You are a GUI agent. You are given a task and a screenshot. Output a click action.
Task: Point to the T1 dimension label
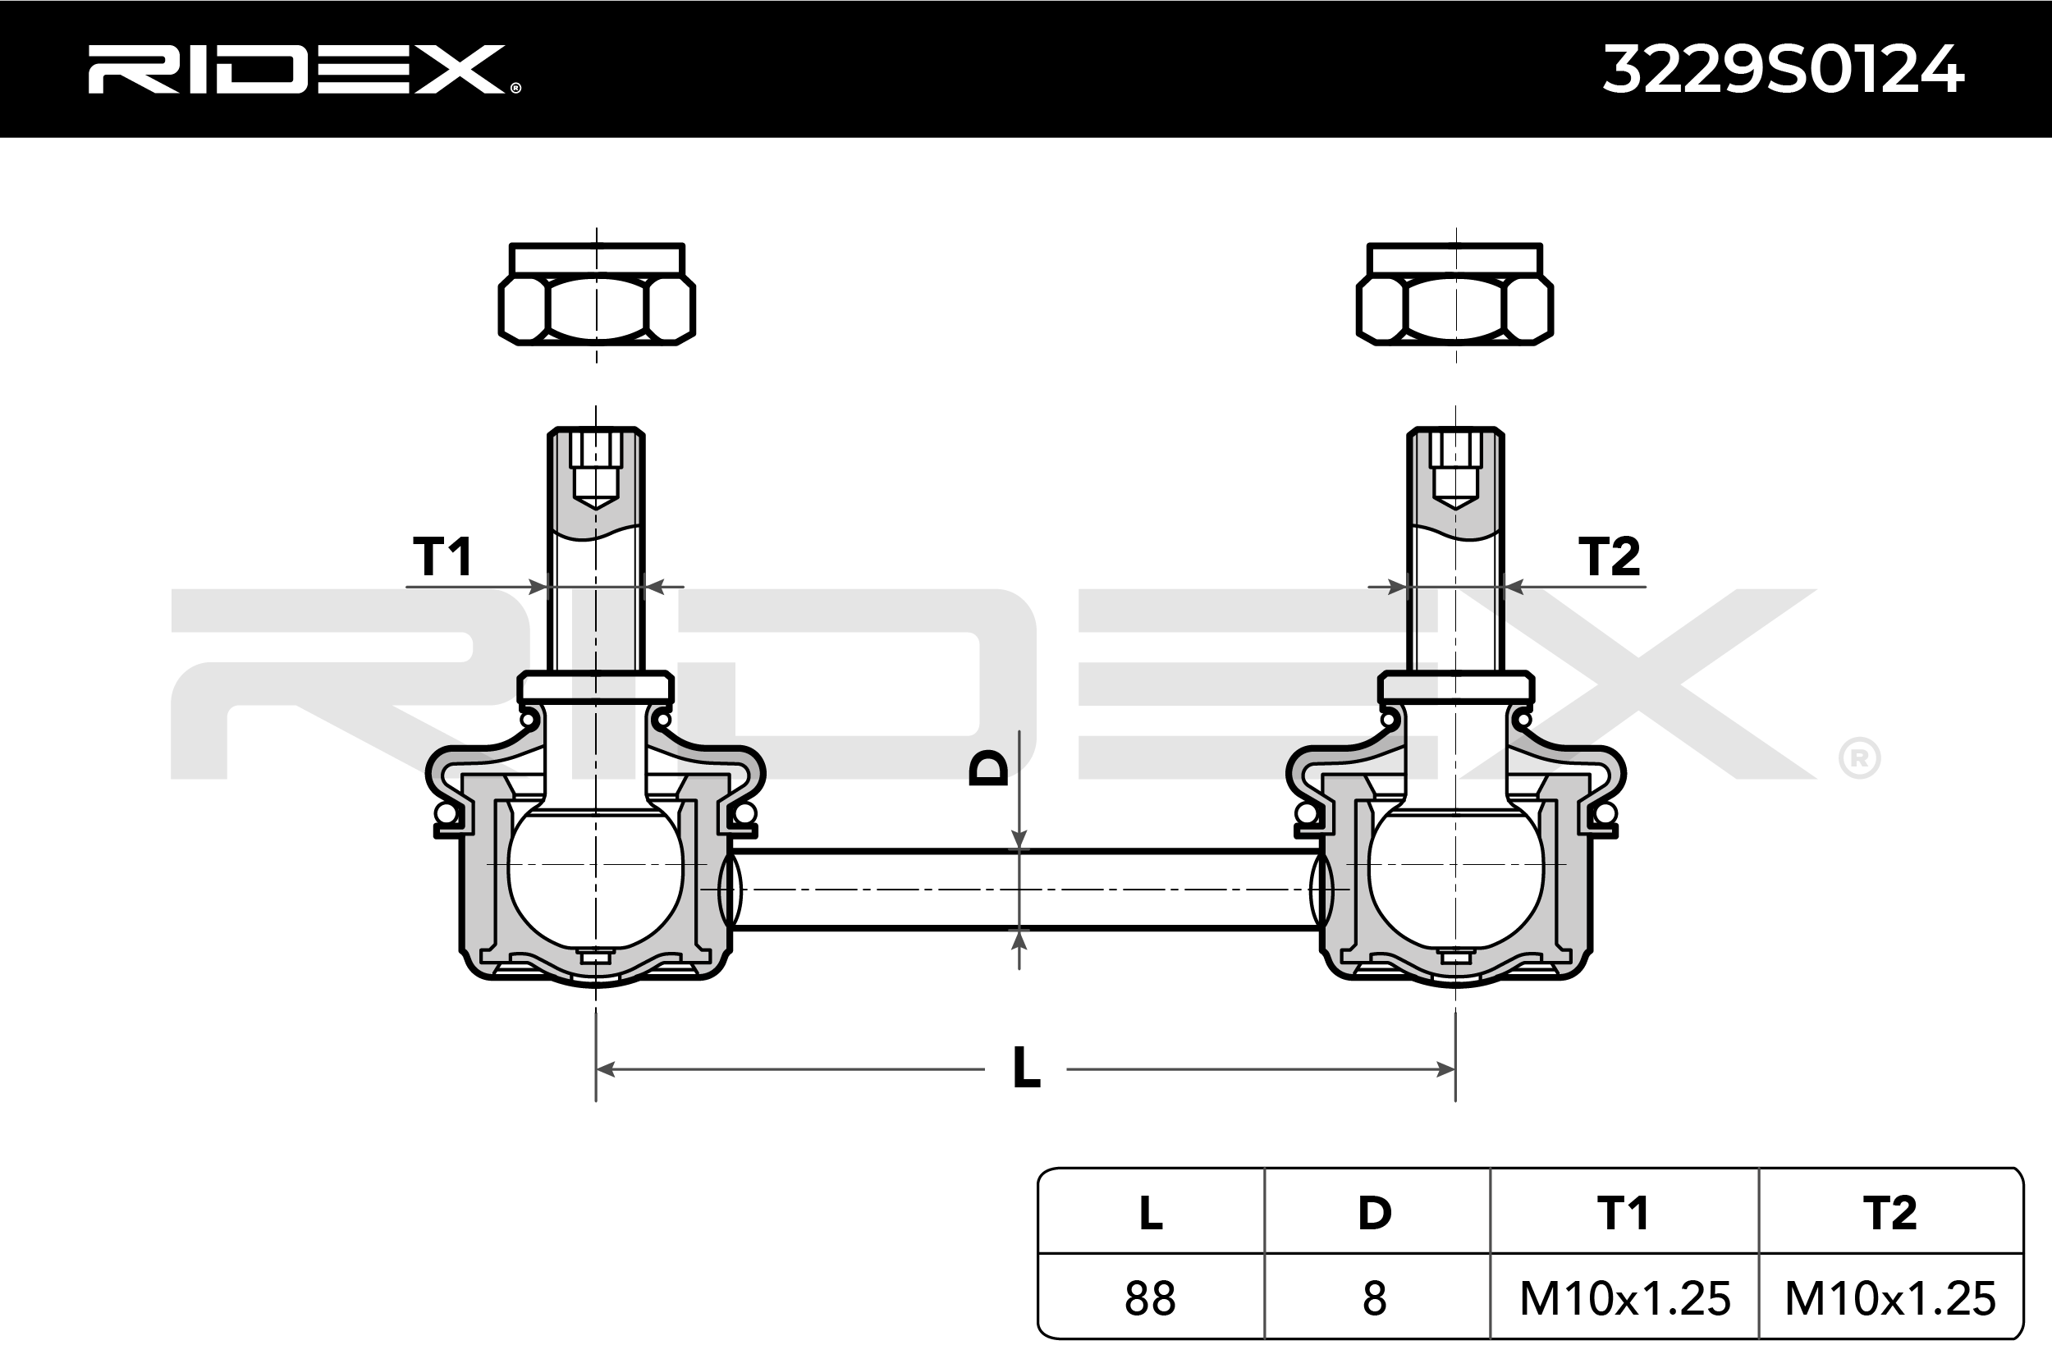tap(442, 556)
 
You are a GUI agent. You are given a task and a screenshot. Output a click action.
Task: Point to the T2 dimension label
tap(1609, 556)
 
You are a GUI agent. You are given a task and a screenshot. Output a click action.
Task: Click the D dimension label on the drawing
tap(989, 769)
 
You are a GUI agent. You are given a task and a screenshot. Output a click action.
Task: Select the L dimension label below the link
tap(1026, 1068)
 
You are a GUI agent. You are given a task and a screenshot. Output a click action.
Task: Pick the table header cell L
tap(1151, 1213)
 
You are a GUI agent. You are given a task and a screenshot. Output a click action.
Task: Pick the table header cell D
tap(1375, 1213)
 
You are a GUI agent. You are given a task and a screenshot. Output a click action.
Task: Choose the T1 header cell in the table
tap(1623, 1213)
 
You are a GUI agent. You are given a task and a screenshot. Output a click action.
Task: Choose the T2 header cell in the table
tap(1889, 1213)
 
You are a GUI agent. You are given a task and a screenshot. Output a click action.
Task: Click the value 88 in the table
tap(1150, 1298)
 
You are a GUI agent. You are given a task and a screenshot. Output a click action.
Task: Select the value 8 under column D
tap(1374, 1298)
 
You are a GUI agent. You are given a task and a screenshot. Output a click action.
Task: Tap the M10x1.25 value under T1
tap(1624, 1298)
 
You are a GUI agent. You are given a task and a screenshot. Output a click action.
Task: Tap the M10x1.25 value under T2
tap(1889, 1298)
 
